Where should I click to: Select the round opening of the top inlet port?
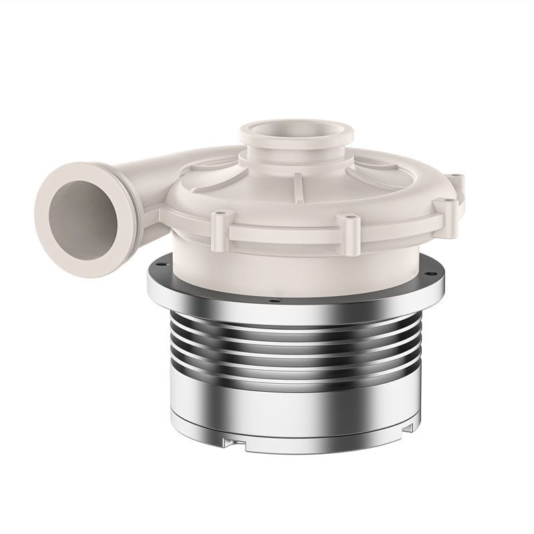(x=287, y=128)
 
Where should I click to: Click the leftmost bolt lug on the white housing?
(x=222, y=229)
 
